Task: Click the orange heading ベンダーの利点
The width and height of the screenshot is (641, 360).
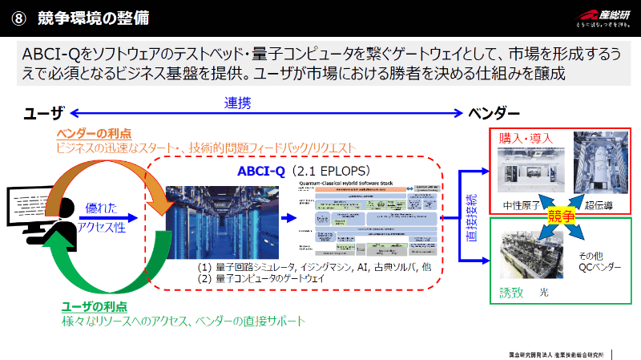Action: (94, 132)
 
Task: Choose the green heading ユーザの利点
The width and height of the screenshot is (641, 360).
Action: (94, 307)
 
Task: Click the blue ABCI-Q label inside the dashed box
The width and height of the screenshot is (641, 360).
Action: (263, 171)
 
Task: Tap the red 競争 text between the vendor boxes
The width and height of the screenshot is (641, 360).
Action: (560, 216)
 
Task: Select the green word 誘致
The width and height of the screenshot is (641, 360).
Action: (510, 293)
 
